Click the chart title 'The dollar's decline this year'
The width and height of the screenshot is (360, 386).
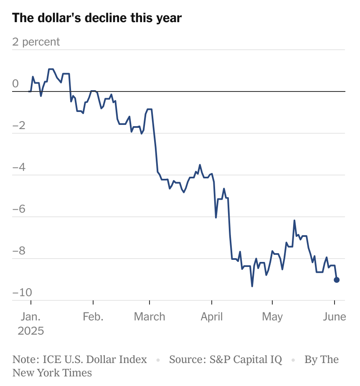97,18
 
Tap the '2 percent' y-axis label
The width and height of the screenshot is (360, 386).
36,42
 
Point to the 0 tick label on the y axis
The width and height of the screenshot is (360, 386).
15,84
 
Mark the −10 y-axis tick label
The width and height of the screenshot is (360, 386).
22,292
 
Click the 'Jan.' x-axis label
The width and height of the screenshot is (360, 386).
31,317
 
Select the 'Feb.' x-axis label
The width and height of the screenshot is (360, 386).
93,317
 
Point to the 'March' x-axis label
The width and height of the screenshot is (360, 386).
150,317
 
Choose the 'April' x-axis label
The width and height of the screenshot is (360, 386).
212,317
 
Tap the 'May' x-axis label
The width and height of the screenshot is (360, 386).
272,317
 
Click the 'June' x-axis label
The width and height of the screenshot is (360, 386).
334,317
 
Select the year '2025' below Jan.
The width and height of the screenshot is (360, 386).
31,331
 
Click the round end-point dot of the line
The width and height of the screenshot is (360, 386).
337,280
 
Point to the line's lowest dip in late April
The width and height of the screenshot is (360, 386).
252,286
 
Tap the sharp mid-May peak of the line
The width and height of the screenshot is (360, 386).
294,221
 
